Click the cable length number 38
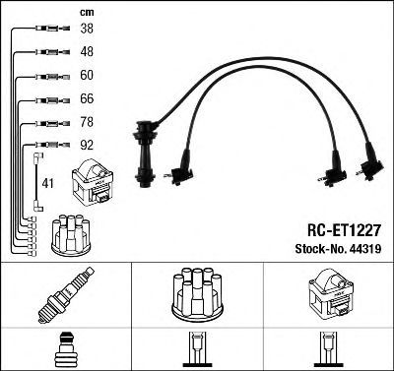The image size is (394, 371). (87, 29)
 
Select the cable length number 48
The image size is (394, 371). (87, 51)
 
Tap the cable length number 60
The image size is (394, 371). (87, 75)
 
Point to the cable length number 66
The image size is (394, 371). (87, 98)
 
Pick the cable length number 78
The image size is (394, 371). (87, 122)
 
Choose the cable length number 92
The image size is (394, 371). (87, 145)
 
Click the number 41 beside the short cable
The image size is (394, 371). (47, 183)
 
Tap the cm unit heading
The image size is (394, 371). (87, 13)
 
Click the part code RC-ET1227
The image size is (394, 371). (344, 230)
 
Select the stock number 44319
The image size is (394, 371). (365, 249)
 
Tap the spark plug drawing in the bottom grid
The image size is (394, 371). (66, 295)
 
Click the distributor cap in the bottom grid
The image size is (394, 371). (197, 294)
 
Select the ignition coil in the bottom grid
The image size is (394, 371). (329, 295)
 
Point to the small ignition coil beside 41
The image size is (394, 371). (93, 182)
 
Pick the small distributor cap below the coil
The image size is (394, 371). (71, 234)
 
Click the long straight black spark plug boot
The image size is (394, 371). (145, 154)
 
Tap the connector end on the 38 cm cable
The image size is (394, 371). (52, 29)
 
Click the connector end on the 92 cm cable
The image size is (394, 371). (52, 145)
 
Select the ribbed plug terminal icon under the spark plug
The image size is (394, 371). (66, 349)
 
